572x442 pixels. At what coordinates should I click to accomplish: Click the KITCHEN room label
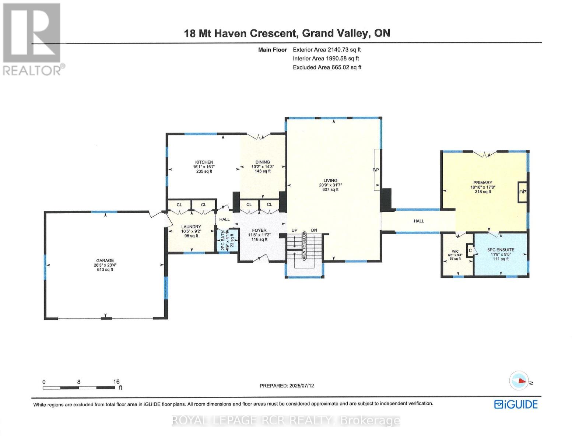[x=204, y=162]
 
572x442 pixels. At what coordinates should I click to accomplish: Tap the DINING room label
[x=263, y=162]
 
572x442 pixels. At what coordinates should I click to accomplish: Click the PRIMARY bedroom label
[x=482, y=183]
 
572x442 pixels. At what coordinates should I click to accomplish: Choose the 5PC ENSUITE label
[x=501, y=250]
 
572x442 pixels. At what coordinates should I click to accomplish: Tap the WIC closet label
[x=455, y=252]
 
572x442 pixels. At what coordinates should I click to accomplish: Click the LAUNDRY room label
[x=191, y=227]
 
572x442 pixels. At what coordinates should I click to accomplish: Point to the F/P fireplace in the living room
[x=376, y=170]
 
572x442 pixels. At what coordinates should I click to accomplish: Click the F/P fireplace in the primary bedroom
[x=522, y=192]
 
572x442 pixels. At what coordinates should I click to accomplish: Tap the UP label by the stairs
[x=294, y=230]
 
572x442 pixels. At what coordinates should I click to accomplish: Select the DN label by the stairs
[x=314, y=230]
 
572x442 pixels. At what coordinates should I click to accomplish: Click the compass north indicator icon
[x=519, y=381]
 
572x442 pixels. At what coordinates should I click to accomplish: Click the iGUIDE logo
[x=516, y=404]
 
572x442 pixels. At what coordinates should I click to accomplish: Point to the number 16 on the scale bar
[x=116, y=382]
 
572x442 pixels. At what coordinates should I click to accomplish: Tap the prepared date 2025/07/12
[x=301, y=386]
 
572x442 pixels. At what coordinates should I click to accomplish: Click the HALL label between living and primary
[x=419, y=221]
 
